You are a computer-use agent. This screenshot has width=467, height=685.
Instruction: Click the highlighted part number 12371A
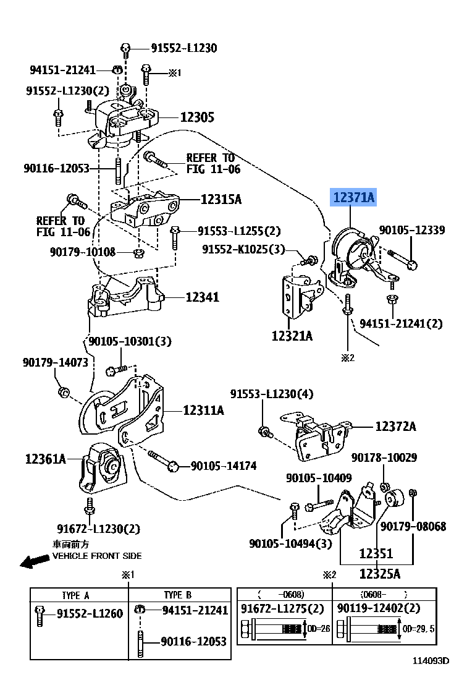[354, 197]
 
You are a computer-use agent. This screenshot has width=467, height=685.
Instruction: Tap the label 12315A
[220, 199]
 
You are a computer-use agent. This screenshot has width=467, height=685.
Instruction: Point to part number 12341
[202, 297]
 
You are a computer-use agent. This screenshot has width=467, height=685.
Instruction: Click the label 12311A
[203, 410]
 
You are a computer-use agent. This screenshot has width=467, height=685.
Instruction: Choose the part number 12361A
[45, 459]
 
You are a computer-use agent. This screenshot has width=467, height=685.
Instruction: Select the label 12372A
[395, 426]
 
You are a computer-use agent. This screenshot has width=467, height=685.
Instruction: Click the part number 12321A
[292, 336]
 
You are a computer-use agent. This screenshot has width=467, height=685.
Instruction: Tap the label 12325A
[380, 573]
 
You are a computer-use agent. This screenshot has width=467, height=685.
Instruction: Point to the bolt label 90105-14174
[223, 466]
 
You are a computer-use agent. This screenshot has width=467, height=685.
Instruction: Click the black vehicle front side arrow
[34, 561]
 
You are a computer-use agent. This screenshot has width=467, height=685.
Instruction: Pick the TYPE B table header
[177, 595]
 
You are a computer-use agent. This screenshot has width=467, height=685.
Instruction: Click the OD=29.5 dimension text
[419, 629]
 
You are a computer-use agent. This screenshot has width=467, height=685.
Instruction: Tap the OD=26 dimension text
[319, 629]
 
